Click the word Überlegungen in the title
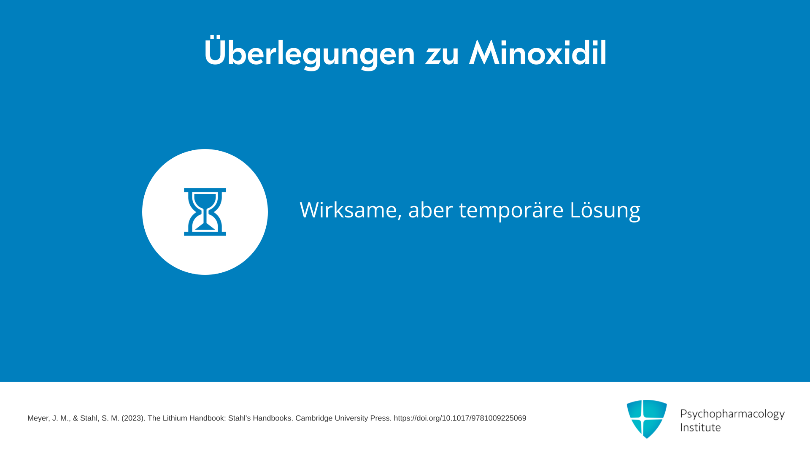310,53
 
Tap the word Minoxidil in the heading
538,53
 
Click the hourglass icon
205,212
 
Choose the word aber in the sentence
430,209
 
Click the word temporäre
511,210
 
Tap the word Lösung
605,210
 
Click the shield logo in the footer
647,419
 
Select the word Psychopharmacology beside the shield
732,414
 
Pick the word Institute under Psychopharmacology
700,427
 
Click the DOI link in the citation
460,418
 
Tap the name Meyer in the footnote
38,418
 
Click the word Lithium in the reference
174,418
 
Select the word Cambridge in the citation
314,418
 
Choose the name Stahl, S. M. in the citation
100,418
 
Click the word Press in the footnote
381,418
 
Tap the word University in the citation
351,418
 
